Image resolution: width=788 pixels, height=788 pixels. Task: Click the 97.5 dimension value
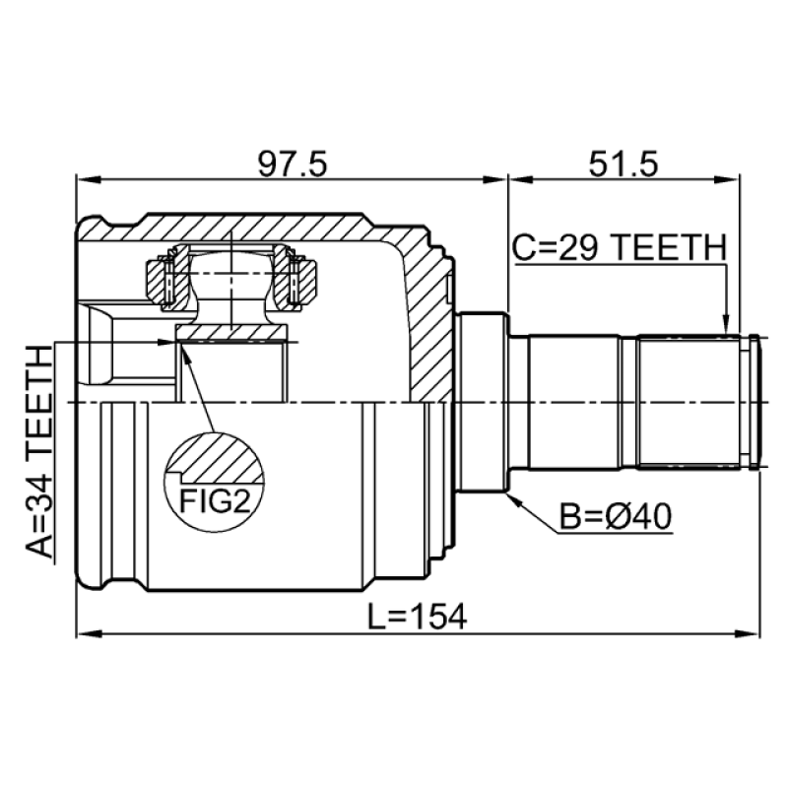292,164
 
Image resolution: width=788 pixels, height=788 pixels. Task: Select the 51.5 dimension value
624,164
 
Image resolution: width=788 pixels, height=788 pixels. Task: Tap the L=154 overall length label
417,617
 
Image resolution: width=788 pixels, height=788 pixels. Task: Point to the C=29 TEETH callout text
620,248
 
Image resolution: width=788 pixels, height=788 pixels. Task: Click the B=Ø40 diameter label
616,517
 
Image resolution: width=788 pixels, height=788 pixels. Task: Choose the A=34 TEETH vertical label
39,451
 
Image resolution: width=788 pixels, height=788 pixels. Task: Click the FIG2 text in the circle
215,501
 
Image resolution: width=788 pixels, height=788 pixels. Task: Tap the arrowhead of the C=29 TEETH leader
725,325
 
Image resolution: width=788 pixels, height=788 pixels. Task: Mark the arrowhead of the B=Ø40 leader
513,499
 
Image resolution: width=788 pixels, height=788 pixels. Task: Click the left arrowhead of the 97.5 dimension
88,180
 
